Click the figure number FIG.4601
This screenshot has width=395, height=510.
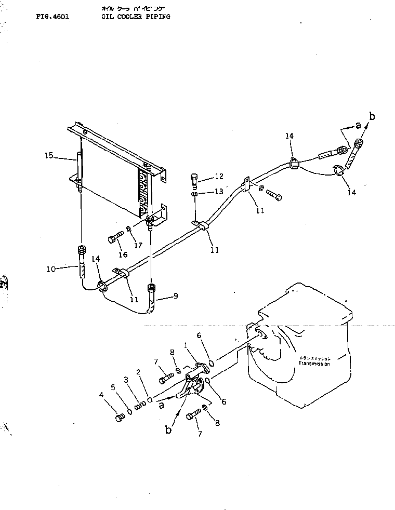52,17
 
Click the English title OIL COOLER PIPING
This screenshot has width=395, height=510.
136,17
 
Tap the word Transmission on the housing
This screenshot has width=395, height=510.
314,364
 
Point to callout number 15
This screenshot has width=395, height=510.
48,155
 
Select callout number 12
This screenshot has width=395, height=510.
219,177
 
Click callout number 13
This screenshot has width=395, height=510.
219,192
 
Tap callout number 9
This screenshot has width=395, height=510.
176,296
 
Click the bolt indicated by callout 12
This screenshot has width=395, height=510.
194,180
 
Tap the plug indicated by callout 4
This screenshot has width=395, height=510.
120,417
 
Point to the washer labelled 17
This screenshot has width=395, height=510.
128,229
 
